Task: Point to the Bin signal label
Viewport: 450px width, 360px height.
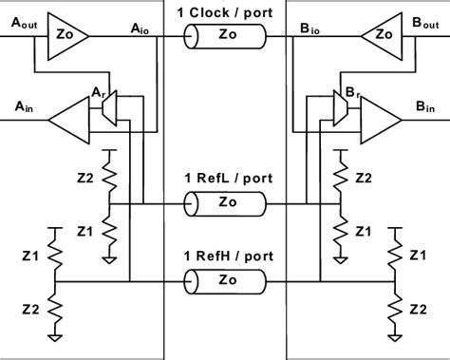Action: [428, 106]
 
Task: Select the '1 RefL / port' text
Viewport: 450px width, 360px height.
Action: [225, 178]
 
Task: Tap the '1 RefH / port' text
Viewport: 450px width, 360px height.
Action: [225, 254]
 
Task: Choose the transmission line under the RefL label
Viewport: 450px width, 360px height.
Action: [225, 203]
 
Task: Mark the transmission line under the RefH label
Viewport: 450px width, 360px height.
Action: [225, 281]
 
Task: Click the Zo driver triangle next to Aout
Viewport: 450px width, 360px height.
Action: [67, 36]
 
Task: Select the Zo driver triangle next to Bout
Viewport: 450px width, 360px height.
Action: [381, 36]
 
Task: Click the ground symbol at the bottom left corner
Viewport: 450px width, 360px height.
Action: [56, 335]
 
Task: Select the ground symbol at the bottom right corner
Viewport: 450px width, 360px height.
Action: [393, 335]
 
